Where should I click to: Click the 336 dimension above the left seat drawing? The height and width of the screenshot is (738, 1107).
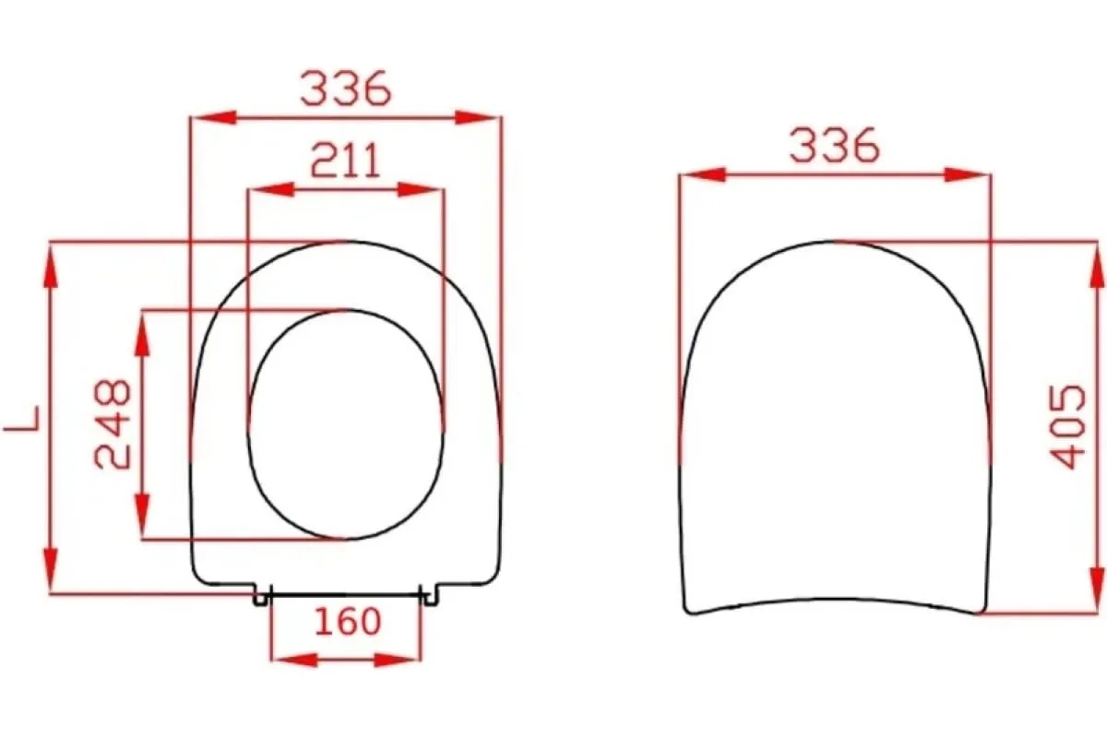(x=346, y=89)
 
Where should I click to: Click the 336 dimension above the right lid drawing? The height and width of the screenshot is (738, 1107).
(x=835, y=145)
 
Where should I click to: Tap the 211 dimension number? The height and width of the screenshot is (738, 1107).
(x=346, y=161)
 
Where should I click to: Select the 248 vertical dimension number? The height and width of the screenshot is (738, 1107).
(x=113, y=423)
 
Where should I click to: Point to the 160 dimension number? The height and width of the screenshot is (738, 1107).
(x=348, y=622)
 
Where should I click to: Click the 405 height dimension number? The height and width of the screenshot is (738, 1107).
(x=1068, y=426)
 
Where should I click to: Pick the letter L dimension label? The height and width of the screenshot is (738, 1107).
(x=22, y=419)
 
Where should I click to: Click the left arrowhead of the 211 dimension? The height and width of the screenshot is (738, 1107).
(x=273, y=189)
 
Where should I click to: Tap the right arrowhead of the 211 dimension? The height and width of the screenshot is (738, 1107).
(x=419, y=189)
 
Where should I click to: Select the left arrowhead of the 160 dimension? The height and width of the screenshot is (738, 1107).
(x=295, y=660)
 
